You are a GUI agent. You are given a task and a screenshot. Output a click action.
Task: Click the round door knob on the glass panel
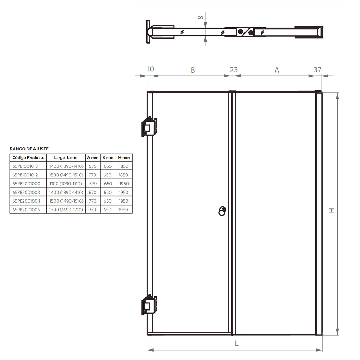(x=222, y=211)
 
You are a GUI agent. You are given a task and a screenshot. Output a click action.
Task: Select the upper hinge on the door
(x=148, y=127)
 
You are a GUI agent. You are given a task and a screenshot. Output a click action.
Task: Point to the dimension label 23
(x=234, y=70)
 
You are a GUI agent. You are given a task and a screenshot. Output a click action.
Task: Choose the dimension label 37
(x=318, y=70)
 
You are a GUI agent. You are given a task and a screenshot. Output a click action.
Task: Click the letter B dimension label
(x=193, y=70)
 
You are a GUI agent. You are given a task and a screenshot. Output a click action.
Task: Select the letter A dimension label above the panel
(x=277, y=70)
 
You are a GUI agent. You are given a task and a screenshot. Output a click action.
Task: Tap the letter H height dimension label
(x=332, y=211)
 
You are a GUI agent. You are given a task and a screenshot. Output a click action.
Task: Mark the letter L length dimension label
(x=237, y=343)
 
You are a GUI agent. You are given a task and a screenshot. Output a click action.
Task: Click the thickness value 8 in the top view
(x=201, y=17)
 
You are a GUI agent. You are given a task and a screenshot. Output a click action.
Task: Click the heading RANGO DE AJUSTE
(x=29, y=149)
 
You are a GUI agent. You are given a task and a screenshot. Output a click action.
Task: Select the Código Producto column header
(x=28, y=158)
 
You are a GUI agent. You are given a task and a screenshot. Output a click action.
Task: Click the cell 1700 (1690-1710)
(x=66, y=210)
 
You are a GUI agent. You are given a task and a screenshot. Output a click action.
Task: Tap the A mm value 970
(x=93, y=210)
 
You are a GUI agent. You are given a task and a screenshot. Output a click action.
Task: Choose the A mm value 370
(x=93, y=184)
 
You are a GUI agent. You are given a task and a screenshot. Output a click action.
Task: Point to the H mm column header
(x=124, y=158)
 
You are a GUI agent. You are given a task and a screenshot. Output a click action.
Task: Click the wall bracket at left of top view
(x=148, y=32)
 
